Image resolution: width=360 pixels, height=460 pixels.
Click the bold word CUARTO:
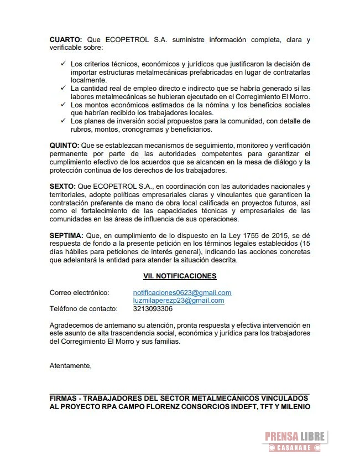pyautogui.click(x=66, y=40)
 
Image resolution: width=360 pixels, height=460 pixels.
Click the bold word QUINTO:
pyautogui.click(x=64, y=146)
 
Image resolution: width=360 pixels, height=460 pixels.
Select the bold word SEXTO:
pyautogui.click(x=63, y=187)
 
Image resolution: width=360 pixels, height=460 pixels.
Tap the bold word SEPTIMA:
pyautogui.click(x=66, y=236)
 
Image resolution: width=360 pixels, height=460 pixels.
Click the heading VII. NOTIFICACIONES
pyautogui.click(x=179, y=276)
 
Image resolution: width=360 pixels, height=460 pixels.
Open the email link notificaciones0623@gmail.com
pyautogui.click(x=182, y=293)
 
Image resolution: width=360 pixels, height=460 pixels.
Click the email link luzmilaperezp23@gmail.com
pyautogui.click(x=179, y=301)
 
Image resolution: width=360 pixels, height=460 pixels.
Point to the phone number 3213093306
pyautogui.click(x=153, y=309)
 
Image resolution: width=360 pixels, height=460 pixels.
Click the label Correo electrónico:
pyautogui.click(x=80, y=293)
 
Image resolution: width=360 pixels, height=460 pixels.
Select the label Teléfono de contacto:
pyautogui.click(x=84, y=309)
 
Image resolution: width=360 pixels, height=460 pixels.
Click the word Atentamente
pyautogui.click(x=70, y=366)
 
